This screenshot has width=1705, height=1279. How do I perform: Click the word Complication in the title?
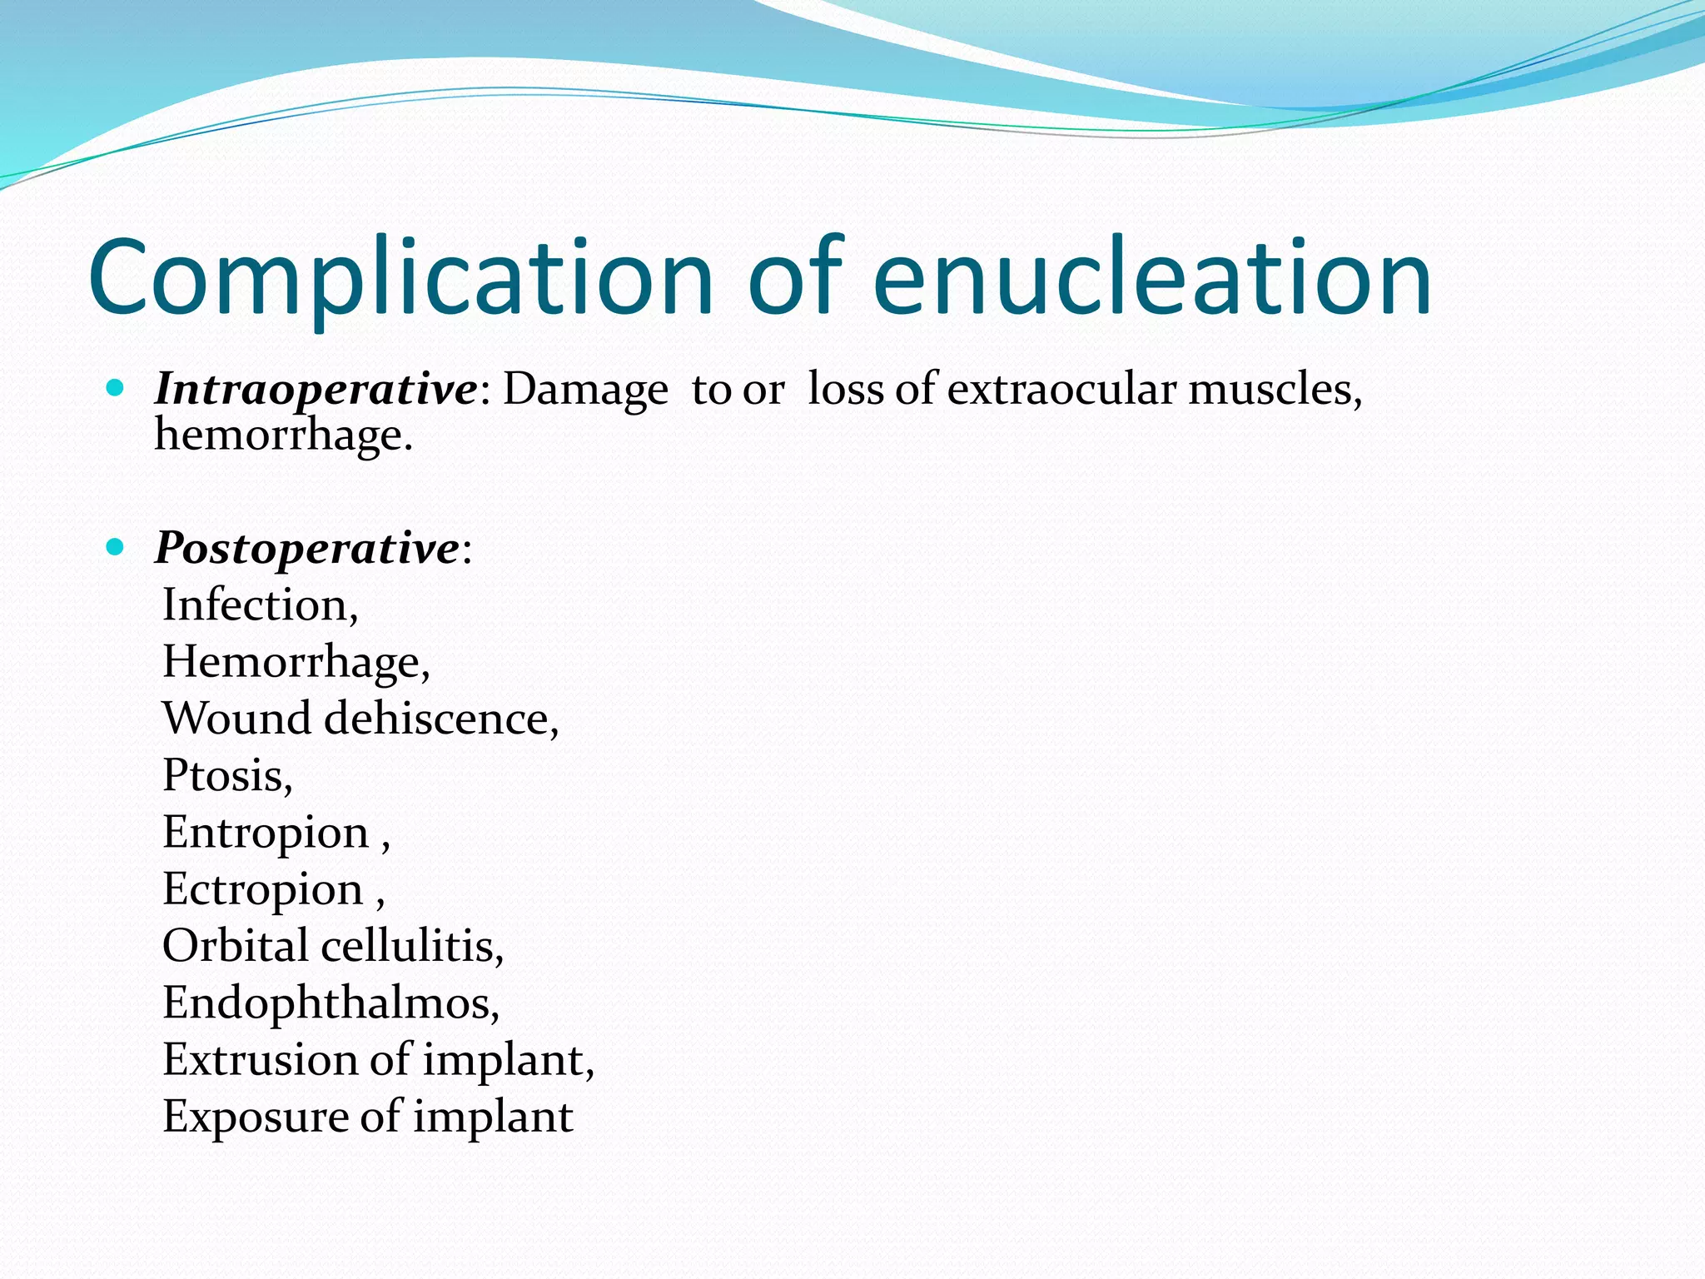400,278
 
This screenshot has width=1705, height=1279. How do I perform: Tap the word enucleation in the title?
1153,278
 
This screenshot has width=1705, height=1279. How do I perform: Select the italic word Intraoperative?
316,390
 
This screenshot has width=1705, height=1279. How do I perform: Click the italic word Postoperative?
306,549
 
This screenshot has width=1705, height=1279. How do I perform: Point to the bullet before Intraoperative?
116,388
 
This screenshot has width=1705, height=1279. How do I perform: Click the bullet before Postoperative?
116,547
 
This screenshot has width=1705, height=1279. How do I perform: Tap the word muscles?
1274,390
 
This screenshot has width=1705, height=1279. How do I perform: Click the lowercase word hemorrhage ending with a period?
283,435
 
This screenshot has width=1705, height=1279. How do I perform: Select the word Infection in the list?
259,605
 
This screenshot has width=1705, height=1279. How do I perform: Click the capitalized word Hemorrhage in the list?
296,663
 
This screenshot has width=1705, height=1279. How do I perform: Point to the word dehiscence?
440,719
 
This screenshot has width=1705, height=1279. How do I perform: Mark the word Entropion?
266,833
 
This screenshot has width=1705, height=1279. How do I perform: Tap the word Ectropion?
263,890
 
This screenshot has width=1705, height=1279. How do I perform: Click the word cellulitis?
412,947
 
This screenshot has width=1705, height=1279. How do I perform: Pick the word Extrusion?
260,1060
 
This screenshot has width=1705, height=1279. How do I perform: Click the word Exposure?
255,1117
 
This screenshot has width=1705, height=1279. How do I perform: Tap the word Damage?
584,390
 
